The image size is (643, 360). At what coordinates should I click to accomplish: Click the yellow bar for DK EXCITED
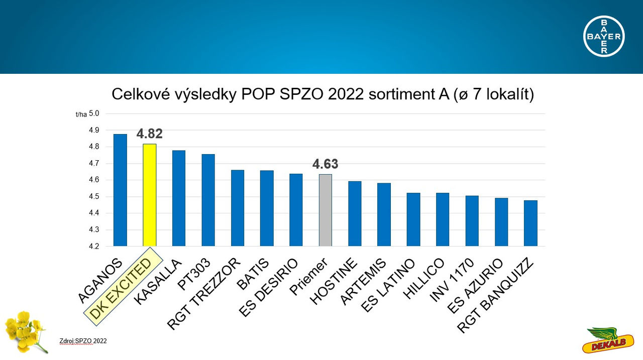(x=150, y=195)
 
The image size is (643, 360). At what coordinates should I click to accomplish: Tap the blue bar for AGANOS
(x=120, y=190)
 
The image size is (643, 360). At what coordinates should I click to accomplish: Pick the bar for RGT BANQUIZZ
(x=530, y=223)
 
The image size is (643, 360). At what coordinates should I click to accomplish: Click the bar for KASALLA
(x=179, y=198)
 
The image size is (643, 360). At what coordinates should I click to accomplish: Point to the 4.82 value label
(x=150, y=134)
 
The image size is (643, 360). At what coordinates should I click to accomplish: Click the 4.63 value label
(x=326, y=164)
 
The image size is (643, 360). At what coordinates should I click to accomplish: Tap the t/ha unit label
(x=80, y=114)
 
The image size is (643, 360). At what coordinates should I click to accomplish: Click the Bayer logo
(x=604, y=36)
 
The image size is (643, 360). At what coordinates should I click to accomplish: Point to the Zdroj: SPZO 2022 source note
(x=83, y=341)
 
